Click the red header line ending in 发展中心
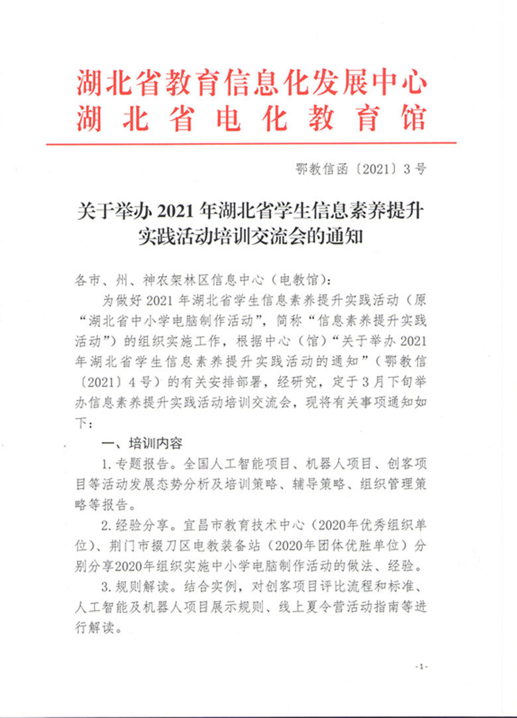(251, 83)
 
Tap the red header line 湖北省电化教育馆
(251, 119)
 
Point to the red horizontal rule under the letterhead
(251, 143)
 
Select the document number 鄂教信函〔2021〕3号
(361, 168)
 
